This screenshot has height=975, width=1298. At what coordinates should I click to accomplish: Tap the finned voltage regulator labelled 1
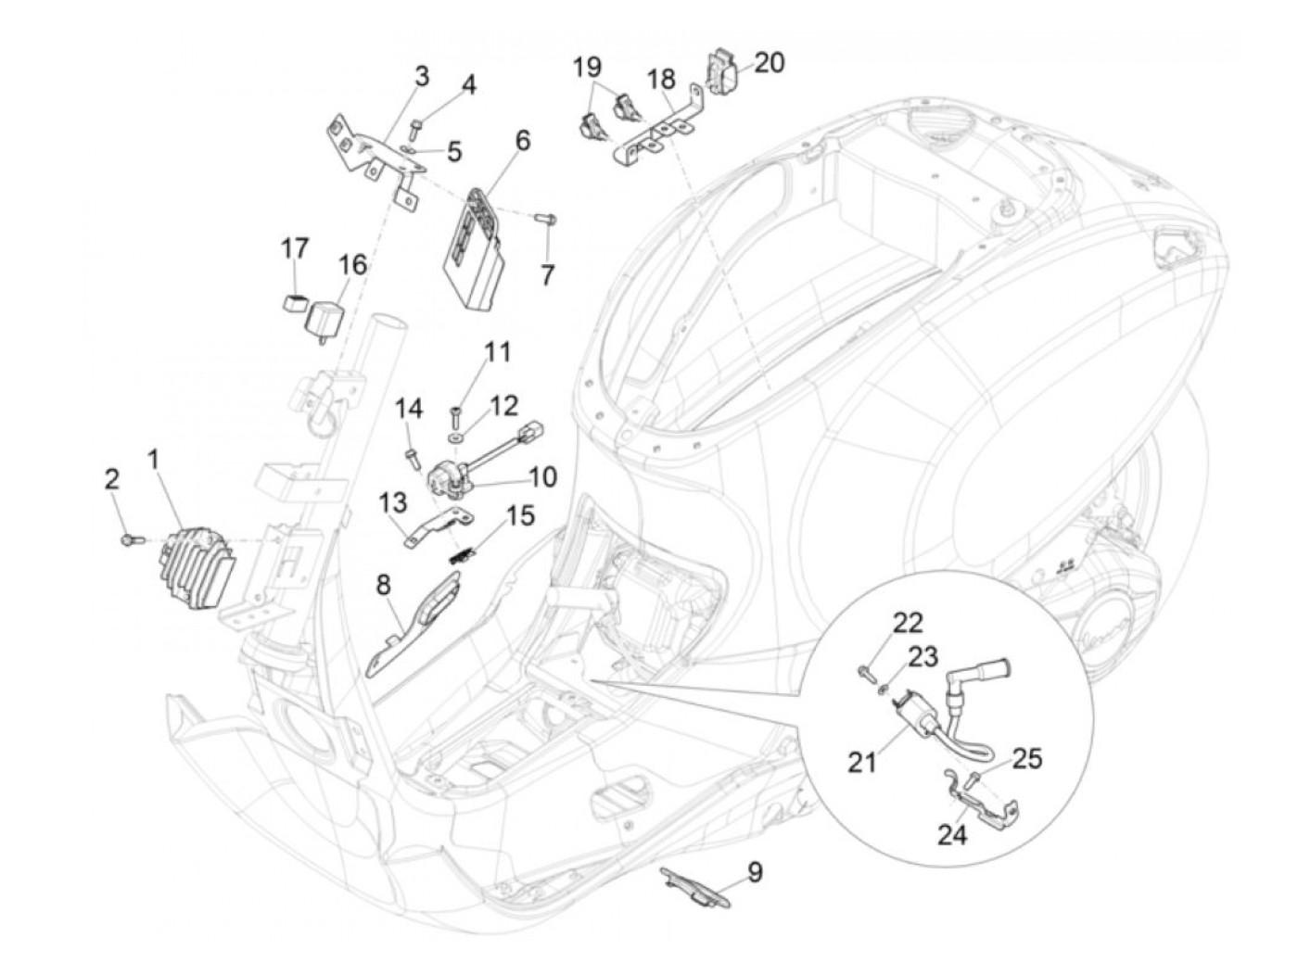198,569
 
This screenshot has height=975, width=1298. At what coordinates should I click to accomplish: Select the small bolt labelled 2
132,539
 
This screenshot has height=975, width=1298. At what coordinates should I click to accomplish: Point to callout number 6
522,141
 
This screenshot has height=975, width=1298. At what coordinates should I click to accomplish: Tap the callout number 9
754,872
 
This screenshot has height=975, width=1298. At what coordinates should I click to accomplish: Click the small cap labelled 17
294,302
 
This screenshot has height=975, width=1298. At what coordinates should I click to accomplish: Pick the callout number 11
497,353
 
